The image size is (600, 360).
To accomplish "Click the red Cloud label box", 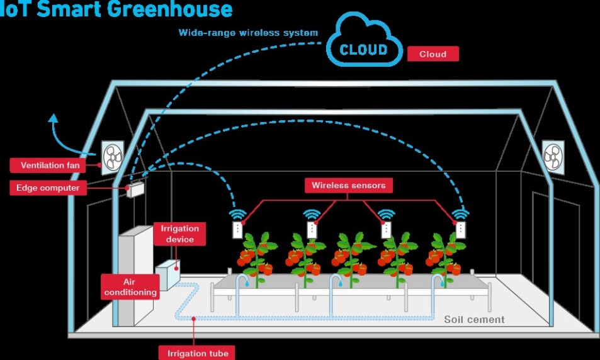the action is click(433, 54).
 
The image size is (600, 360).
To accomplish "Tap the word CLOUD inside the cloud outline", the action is click(363, 50).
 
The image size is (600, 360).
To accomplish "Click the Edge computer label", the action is click(48, 188).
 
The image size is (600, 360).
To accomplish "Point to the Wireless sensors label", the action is click(349, 186).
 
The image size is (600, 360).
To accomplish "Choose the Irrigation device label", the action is click(180, 233).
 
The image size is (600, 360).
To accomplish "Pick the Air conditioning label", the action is click(130, 287).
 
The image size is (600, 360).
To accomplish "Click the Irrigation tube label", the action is click(197, 353).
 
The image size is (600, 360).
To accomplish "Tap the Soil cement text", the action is click(474, 320).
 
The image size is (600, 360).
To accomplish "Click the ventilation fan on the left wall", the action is click(113, 157).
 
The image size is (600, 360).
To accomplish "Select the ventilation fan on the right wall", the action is click(553, 157).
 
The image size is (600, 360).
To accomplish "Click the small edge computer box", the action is click(135, 189).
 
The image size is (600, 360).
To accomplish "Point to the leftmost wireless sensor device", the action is click(237, 230).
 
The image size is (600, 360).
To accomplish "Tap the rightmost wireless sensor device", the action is click(461, 230).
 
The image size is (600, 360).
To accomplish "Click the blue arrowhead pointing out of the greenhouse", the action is click(54, 118).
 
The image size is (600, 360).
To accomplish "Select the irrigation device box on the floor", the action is click(167, 274).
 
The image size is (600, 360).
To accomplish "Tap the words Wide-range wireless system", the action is click(248, 33).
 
